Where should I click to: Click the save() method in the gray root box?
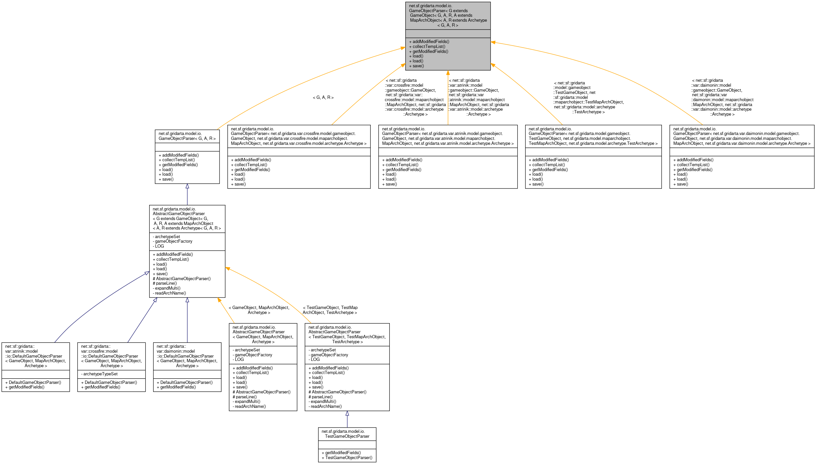click(x=416, y=66)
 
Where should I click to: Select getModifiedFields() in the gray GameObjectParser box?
click(x=429, y=51)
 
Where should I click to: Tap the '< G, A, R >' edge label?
click(x=323, y=98)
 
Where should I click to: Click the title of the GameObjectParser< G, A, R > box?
click(x=187, y=136)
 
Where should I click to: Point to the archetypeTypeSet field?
click(x=99, y=374)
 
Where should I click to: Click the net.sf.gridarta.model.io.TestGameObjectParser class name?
click(x=347, y=434)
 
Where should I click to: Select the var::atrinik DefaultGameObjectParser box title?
click(x=35, y=356)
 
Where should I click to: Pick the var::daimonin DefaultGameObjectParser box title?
click(x=187, y=356)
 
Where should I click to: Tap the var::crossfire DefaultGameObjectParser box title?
click(x=111, y=356)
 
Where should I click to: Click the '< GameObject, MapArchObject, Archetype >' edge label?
click(x=259, y=310)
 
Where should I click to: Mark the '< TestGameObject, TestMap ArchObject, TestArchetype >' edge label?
click(x=330, y=310)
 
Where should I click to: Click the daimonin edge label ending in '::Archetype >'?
click(x=722, y=97)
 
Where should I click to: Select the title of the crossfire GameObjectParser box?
click(x=299, y=136)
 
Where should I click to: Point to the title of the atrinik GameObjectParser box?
click(x=448, y=136)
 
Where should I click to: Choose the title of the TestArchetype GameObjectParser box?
click(x=593, y=136)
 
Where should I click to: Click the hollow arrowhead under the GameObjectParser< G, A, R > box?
click(x=187, y=186)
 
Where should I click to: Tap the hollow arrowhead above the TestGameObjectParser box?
click(x=347, y=413)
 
